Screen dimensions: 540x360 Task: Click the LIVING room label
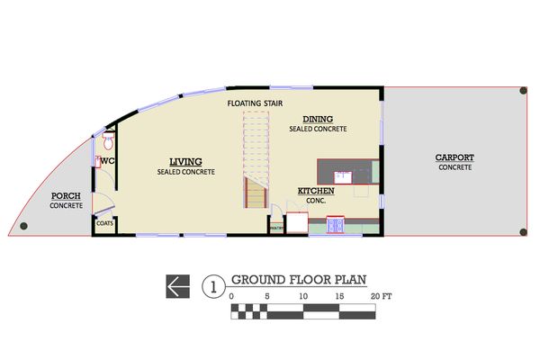pyautogui.click(x=185, y=162)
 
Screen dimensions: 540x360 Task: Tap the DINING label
pyautogui.click(x=318, y=119)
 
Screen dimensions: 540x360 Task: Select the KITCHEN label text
pyautogui.click(x=316, y=191)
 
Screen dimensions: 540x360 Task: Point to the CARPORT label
pyautogui.click(x=454, y=157)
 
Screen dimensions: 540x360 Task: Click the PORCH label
pyautogui.click(x=66, y=195)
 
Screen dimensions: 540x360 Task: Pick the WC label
pyautogui.click(x=107, y=161)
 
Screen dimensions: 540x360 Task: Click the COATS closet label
pyautogui.click(x=104, y=223)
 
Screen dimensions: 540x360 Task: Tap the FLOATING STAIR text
pyautogui.click(x=255, y=103)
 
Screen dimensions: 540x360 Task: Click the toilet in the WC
pyautogui.click(x=108, y=141)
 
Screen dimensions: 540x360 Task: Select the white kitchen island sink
pyautogui.click(x=343, y=177)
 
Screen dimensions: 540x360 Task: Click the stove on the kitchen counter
pyautogui.click(x=335, y=225)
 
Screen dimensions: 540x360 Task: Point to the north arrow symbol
pyautogui.click(x=177, y=286)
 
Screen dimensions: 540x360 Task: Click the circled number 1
pyautogui.click(x=213, y=286)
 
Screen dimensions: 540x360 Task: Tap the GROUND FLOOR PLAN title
pyautogui.click(x=299, y=280)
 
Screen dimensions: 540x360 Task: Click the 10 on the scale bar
pyautogui.click(x=303, y=296)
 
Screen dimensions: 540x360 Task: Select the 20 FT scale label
pyautogui.click(x=382, y=296)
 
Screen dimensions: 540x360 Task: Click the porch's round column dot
pyautogui.click(x=23, y=226)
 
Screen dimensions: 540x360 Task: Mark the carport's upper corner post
pyautogui.click(x=523, y=91)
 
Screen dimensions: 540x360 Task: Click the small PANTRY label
pyautogui.click(x=276, y=228)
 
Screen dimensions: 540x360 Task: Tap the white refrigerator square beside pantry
pyautogui.click(x=297, y=222)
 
